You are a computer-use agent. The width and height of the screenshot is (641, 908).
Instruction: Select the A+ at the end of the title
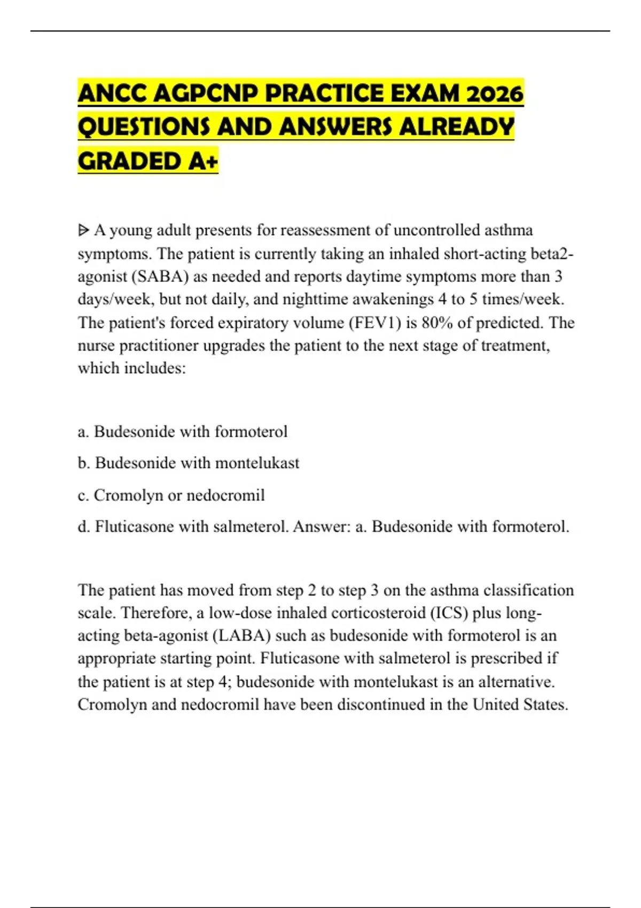pos(204,161)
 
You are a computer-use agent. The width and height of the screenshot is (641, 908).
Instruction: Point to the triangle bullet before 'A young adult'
pos(83,231)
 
